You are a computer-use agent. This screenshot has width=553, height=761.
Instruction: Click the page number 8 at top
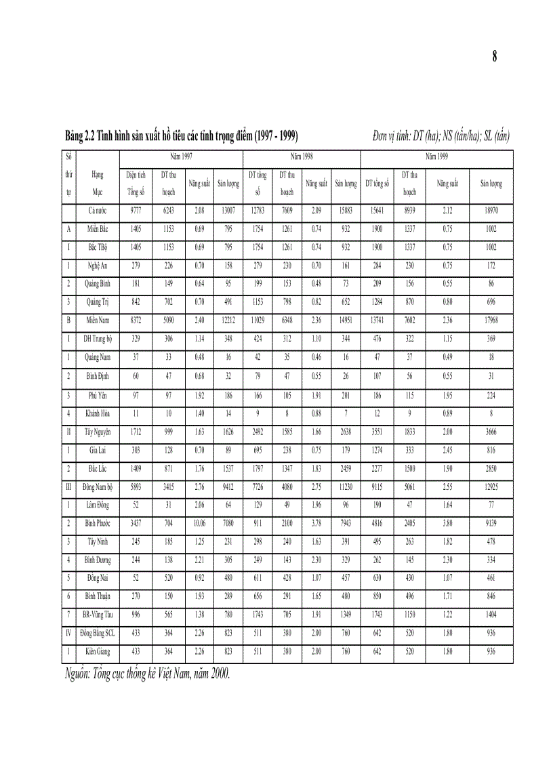pos(495,58)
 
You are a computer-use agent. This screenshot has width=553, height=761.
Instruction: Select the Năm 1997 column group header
pos(181,156)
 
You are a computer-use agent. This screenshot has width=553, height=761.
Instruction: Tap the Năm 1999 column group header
pos(436,156)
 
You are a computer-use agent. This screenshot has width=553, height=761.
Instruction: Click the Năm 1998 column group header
pos(302,156)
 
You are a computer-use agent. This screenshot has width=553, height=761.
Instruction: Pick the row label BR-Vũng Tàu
pos(98,615)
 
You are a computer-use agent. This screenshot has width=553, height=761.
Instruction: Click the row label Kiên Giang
pos(98,652)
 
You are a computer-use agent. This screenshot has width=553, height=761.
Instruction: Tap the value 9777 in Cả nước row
pos(136,211)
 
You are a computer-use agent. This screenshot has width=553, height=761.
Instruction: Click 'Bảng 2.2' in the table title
pos(79,136)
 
